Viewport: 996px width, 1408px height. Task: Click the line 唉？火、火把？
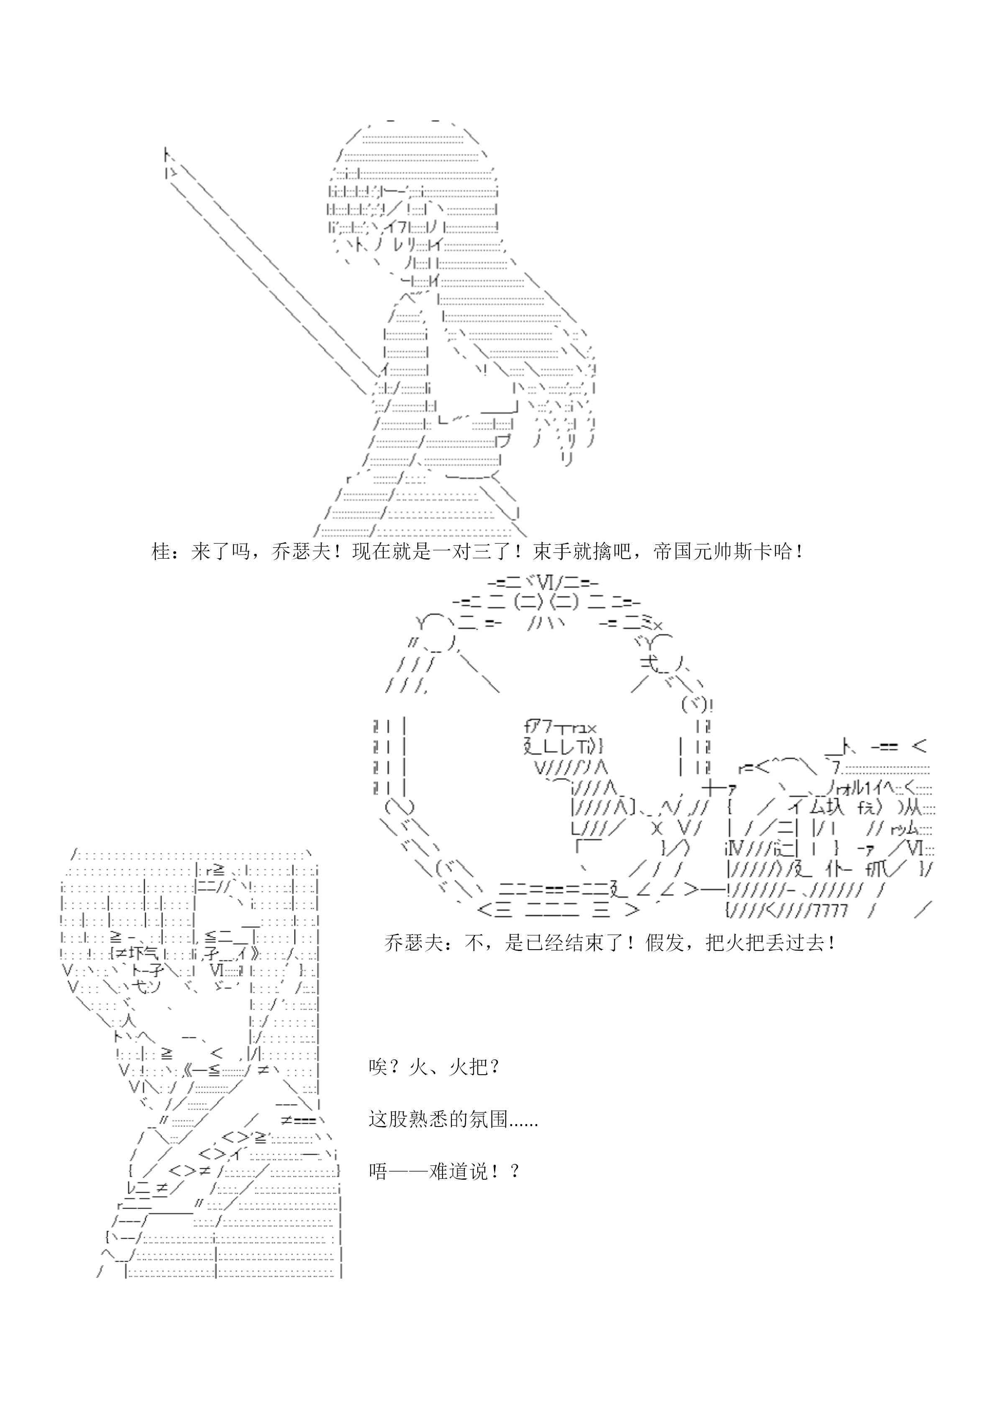point(434,1068)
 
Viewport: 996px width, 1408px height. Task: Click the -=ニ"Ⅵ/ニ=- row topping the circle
point(543,583)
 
